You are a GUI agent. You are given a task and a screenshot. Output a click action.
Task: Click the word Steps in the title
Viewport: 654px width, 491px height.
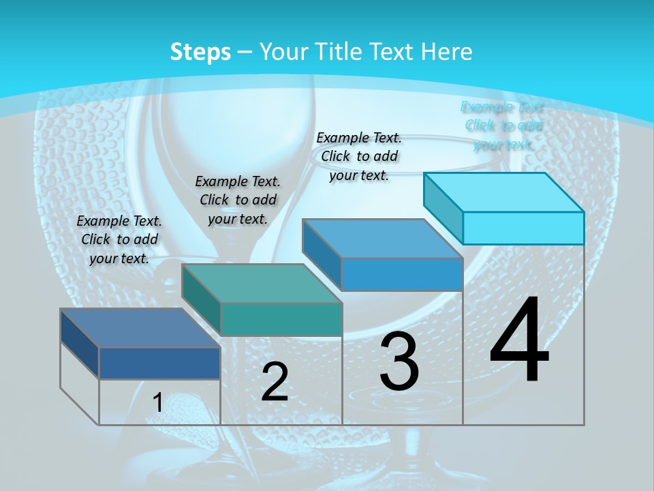tap(200, 52)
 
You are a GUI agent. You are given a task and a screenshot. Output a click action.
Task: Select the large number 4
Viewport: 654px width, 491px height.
tap(520, 341)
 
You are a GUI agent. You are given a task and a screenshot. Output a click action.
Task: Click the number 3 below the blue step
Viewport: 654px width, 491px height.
tap(399, 361)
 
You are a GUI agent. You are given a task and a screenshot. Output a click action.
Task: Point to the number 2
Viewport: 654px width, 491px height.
tap(275, 382)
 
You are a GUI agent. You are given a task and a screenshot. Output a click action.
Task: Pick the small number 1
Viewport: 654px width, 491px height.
tap(158, 403)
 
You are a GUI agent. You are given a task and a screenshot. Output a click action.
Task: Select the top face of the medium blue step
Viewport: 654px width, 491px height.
tap(382, 239)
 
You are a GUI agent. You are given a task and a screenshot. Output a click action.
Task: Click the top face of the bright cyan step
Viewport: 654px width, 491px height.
tap(503, 192)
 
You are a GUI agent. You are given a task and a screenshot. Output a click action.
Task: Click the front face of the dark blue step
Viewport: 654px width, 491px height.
tap(159, 363)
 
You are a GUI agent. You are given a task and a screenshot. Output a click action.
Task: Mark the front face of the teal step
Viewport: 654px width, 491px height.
tap(281, 319)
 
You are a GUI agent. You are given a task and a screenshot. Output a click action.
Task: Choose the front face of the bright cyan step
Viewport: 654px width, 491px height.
tap(523, 227)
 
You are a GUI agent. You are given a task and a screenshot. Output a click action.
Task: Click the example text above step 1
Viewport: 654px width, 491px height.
tap(119, 239)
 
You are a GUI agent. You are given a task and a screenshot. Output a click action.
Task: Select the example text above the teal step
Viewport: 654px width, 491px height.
tap(238, 200)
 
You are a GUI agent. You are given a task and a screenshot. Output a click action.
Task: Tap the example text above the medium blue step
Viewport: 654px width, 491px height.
tap(359, 156)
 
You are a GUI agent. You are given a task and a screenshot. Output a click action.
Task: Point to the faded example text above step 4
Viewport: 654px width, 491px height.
tap(503, 125)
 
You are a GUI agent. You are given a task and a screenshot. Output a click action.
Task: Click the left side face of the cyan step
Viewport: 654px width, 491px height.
tap(443, 207)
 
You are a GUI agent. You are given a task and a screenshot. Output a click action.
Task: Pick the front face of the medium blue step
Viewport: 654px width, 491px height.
tap(402, 274)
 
